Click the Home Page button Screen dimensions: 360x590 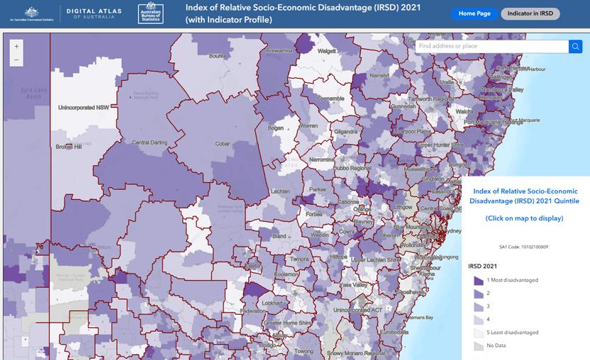tap(474, 13)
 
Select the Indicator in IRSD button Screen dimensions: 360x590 tap(530, 13)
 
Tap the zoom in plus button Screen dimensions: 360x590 tap(17, 45)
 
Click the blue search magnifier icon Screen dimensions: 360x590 tap(575, 46)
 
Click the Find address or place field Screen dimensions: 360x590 tap(491, 46)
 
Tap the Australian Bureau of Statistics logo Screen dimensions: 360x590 tap(150, 13)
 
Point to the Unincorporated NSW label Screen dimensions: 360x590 tap(84, 106)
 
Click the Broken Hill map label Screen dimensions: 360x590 tap(69, 147)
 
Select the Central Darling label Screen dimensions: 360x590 tap(149, 142)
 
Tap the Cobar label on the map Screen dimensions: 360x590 tap(223, 144)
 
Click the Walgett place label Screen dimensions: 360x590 tap(327, 51)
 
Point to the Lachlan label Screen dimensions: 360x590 tap(280, 191)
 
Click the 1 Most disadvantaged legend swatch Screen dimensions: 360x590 tap(477, 280)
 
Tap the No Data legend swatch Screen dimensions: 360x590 tap(477, 345)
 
